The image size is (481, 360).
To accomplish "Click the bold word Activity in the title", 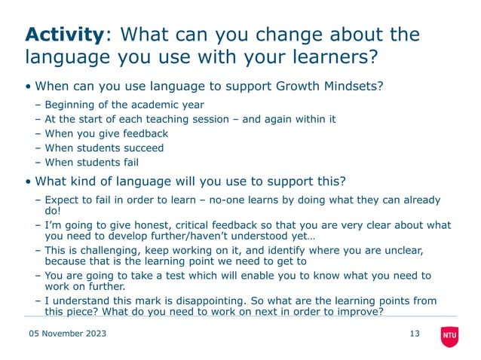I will coord(63,35).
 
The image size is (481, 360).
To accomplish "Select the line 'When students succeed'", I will coord(104,148).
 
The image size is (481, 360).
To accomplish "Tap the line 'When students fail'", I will coord(92,162).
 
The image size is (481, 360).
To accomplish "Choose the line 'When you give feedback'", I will coord(106,133).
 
